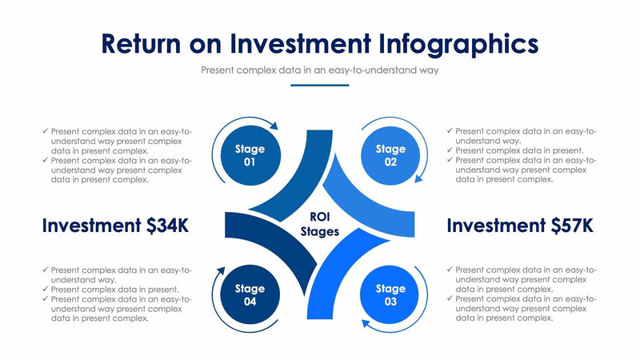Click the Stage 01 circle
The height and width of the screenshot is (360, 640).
click(x=250, y=155)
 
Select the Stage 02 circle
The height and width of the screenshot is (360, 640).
click(x=390, y=155)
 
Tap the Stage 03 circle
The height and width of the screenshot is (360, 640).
click(x=390, y=294)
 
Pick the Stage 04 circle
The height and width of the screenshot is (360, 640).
click(x=250, y=294)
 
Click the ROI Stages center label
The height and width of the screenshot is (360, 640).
click(x=320, y=224)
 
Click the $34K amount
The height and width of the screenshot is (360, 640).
click(x=168, y=226)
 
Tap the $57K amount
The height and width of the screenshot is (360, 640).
click(x=573, y=226)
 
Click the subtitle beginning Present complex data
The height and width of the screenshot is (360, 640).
click(x=320, y=70)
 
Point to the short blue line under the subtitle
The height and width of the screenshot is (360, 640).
click(x=319, y=85)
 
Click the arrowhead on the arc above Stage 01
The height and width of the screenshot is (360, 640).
click(x=274, y=126)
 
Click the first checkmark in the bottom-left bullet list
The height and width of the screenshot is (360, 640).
click(x=46, y=270)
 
